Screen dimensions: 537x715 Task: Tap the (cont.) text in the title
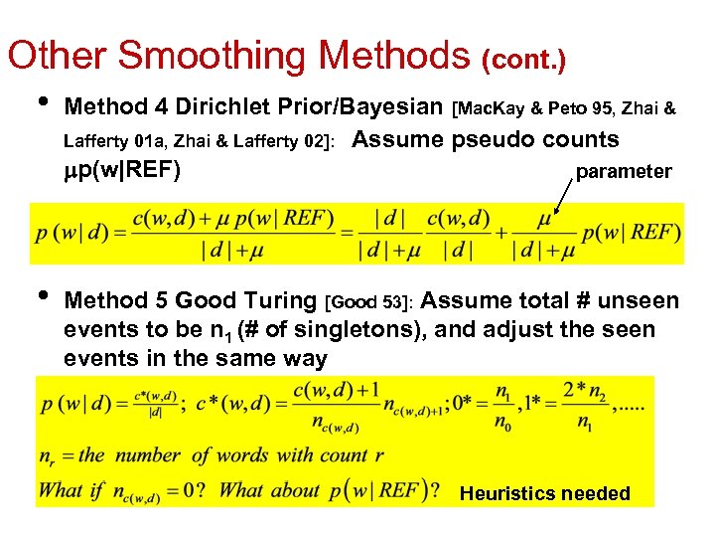tap(524, 62)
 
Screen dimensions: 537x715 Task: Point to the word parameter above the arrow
tap(624, 171)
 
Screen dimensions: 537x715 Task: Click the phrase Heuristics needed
tap(545, 493)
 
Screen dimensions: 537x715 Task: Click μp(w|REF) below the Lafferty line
tap(121, 170)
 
